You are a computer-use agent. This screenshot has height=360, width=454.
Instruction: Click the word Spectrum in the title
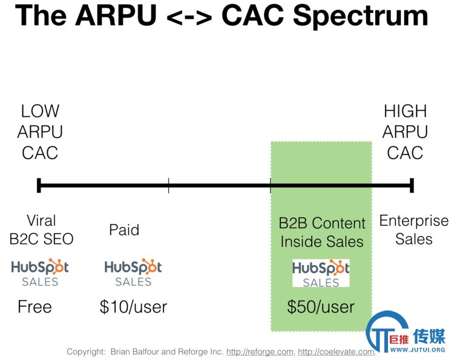(361, 16)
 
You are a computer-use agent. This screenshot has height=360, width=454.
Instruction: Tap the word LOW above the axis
(40, 111)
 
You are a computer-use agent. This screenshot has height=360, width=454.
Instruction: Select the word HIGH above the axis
(405, 111)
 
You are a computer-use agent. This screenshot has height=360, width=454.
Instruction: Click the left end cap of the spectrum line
(39, 185)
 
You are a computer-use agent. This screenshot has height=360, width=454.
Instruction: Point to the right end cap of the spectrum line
(412, 185)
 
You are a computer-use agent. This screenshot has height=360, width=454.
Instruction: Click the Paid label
(124, 230)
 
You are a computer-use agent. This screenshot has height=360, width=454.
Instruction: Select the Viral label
(41, 220)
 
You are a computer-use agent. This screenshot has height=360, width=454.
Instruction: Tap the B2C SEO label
(41, 239)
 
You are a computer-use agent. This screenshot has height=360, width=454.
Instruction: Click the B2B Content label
(322, 223)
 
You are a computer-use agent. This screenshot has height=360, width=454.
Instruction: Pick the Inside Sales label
(322, 241)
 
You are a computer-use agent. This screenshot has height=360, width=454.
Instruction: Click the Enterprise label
(414, 221)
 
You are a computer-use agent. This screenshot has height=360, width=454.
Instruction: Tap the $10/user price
(133, 307)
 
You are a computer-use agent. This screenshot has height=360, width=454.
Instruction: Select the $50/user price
(321, 307)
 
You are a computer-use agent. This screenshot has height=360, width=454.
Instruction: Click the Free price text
(35, 307)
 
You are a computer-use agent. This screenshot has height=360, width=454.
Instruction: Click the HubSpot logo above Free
(40, 272)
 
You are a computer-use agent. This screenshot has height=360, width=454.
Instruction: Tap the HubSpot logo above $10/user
(133, 272)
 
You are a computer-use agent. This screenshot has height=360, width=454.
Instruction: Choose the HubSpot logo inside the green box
(321, 273)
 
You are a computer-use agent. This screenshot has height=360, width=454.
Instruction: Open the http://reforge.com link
(260, 352)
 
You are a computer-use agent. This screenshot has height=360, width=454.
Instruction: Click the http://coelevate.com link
(336, 352)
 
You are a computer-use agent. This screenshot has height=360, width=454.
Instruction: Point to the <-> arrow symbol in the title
(189, 18)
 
